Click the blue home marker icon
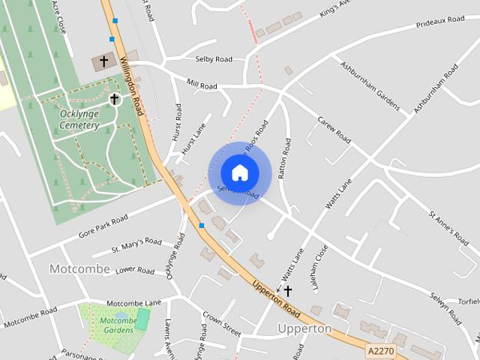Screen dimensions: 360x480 pyautogui.click(x=240, y=172)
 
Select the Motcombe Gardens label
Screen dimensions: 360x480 pyautogui.click(x=118, y=325)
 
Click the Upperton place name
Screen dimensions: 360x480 pyautogui.click(x=304, y=328)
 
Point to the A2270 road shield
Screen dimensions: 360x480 pyautogui.click(x=381, y=349)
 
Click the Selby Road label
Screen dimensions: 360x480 pyautogui.click(x=214, y=59)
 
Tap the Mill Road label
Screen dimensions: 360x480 pyautogui.click(x=202, y=86)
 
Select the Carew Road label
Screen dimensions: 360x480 pyautogui.click(x=334, y=130)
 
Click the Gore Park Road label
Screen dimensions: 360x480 pyautogui.click(x=103, y=226)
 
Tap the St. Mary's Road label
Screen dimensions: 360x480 pyautogui.click(x=136, y=244)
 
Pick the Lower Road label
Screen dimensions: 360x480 pyautogui.click(x=135, y=270)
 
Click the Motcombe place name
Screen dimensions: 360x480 pyautogui.click(x=79, y=268)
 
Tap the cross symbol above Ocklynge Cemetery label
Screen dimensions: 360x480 pyautogui.click(x=114, y=99)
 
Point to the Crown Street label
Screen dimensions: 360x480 pyautogui.click(x=221, y=323)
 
